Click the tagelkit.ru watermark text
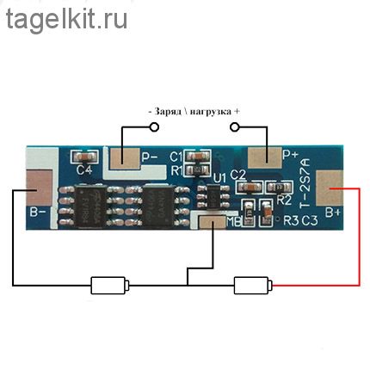[66, 20]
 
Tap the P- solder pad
[125, 158]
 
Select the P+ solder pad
[265, 157]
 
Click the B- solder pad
[40, 188]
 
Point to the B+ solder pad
[330, 188]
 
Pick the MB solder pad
[213, 222]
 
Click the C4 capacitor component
[84, 157]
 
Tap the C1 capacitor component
[198, 157]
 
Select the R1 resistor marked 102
[198, 170]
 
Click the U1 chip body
[213, 196]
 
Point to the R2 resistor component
[279, 188]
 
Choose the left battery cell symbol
[110, 285]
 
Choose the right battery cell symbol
[253, 285]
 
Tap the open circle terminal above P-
[154, 127]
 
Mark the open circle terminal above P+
[235, 127]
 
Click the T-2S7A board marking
[305, 183]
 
